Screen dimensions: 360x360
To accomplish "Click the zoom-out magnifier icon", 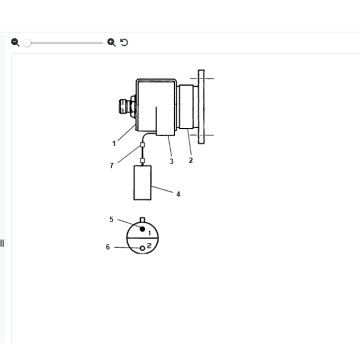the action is tap(15, 42).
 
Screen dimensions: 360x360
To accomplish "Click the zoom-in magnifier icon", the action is tap(111, 42).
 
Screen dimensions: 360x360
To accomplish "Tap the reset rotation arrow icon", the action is tap(124, 42).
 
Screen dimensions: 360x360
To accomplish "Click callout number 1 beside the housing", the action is tap(114, 143).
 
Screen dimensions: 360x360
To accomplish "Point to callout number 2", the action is tap(190, 160).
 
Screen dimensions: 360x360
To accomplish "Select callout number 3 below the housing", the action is tap(171, 161).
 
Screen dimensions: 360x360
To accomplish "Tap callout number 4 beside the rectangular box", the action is tap(178, 194).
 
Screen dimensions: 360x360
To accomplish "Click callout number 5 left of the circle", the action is tap(111, 218).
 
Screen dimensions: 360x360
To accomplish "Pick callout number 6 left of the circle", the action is tap(108, 246).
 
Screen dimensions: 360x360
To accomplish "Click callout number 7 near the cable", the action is tap(112, 165).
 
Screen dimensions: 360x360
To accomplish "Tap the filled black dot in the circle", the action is tap(142, 229).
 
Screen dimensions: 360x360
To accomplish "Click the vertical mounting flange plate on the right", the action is tap(203, 106).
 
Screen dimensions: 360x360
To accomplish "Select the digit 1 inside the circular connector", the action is tap(150, 233).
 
